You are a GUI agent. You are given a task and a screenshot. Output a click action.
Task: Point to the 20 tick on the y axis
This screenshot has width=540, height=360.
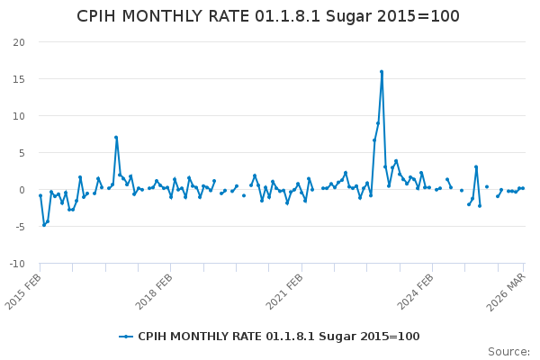pyautogui.click(x=19, y=42)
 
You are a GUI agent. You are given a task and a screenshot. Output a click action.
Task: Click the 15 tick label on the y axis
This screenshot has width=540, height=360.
pyautogui.click(x=19, y=79)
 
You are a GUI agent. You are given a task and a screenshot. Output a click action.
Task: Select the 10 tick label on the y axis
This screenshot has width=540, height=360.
pyautogui.click(x=19, y=116)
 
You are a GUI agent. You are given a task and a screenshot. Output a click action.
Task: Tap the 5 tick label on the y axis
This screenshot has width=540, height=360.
pyautogui.click(x=22, y=153)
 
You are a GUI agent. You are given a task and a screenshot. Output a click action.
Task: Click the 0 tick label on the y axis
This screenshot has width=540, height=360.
pyautogui.click(x=22, y=190)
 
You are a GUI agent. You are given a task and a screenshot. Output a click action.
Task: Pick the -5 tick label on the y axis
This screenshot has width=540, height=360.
pyautogui.click(x=20, y=227)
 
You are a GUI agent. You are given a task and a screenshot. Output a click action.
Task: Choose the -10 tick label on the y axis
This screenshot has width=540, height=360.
pyautogui.click(x=17, y=264)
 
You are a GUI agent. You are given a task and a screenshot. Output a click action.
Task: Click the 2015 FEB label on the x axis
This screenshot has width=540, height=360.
pyautogui.click(x=25, y=290)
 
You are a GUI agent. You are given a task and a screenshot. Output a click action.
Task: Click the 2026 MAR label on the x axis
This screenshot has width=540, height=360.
pyautogui.click(x=509, y=290)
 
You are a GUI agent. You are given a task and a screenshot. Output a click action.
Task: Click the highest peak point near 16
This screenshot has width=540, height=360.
pyautogui.click(x=382, y=72)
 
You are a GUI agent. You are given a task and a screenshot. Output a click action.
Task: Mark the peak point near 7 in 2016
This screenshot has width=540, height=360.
pyautogui.click(x=116, y=138)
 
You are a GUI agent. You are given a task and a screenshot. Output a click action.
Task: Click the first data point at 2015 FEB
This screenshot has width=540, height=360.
pyautogui.click(x=40, y=195)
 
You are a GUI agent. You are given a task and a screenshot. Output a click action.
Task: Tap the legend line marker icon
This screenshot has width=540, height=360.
pyautogui.click(x=126, y=337)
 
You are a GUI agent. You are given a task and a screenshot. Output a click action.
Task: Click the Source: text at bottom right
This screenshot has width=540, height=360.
pyautogui.click(x=508, y=352)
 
